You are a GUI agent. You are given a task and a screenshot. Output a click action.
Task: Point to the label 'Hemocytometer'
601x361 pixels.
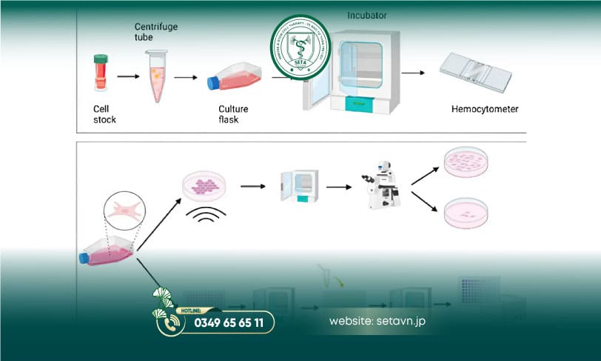pyautogui.click(x=484, y=110)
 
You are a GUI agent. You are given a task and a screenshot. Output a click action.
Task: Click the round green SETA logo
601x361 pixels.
pyautogui.click(x=300, y=47)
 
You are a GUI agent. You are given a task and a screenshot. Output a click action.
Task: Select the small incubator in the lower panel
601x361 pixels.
pyautogui.click(x=299, y=186)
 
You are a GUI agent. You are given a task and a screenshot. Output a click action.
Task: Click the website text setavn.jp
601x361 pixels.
pyautogui.click(x=377, y=322)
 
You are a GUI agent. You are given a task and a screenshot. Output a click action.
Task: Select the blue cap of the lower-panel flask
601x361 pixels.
pyautogui.click(x=84, y=258)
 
